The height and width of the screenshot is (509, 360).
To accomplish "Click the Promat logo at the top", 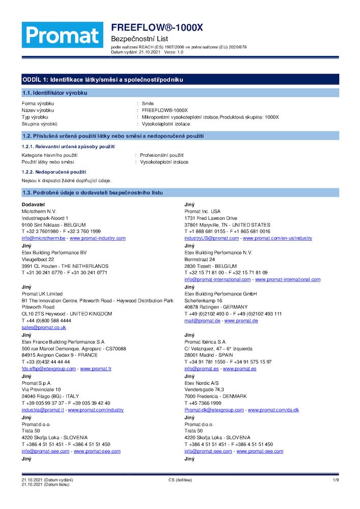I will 62,35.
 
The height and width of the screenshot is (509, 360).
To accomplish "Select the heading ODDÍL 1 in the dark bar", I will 102,80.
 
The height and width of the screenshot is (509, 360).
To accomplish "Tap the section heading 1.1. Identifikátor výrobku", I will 54,93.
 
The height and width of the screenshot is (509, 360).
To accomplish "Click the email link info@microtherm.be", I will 43,238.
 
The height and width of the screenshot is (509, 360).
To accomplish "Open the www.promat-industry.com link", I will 97,238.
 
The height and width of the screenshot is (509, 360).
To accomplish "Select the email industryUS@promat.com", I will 211,238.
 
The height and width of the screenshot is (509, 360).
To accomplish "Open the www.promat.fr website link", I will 96,369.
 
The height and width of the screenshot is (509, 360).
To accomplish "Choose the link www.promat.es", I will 239,369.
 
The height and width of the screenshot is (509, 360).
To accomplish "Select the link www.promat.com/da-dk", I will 273,410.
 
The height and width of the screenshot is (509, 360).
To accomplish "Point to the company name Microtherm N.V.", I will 39,211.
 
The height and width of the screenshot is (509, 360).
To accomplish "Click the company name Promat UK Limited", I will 42,294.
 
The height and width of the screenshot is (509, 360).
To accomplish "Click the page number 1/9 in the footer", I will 336,480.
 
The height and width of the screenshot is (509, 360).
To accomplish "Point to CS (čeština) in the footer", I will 180,480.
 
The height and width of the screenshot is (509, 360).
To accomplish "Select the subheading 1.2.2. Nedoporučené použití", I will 53,173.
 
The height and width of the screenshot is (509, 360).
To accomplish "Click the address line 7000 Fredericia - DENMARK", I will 215,397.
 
